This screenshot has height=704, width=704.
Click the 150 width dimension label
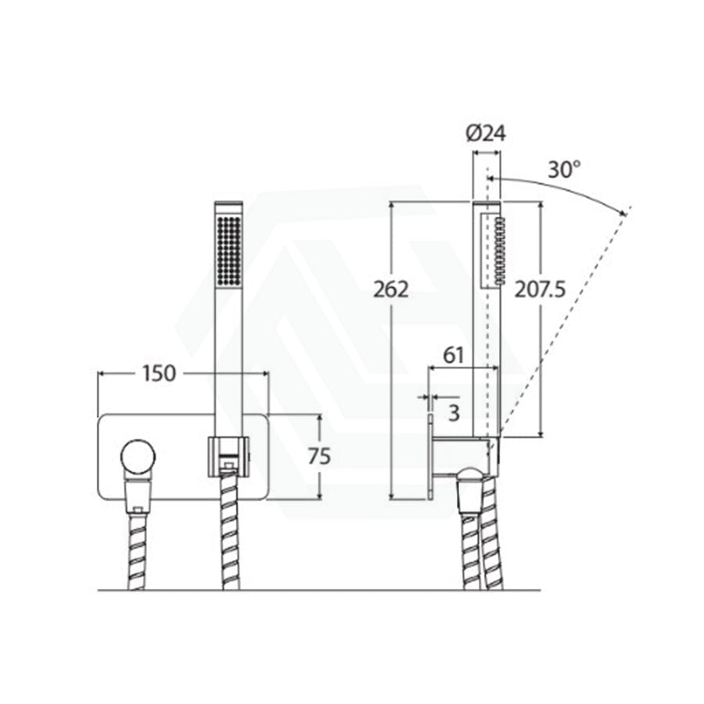pyautogui.click(x=159, y=374)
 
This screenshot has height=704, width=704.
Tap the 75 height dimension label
pyautogui.click(x=319, y=456)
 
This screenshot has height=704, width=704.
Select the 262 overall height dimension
pyautogui.click(x=391, y=289)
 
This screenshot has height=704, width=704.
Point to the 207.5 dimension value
pyautogui.click(x=540, y=289)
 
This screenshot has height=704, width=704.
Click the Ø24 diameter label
pyautogui.click(x=486, y=133)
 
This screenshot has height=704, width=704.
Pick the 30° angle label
pyautogui.click(x=564, y=170)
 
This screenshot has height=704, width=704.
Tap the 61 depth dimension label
pyautogui.click(x=454, y=356)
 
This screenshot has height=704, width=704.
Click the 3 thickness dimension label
pyautogui.click(x=454, y=412)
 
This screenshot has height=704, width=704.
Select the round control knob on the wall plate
pyautogui.click(x=138, y=457)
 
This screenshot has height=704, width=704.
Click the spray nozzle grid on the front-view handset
pyautogui.click(x=229, y=250)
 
